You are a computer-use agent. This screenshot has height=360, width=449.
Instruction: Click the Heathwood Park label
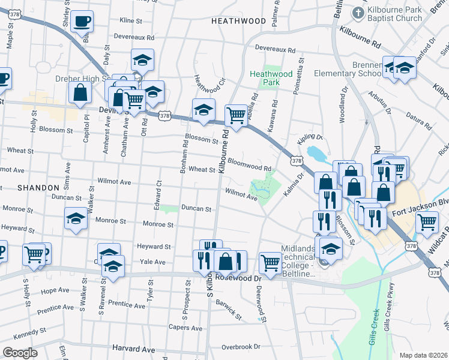(265, 78)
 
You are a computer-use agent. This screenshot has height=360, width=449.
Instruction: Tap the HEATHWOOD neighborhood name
(238, 21)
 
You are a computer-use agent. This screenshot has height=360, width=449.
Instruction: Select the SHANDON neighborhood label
(38, 188)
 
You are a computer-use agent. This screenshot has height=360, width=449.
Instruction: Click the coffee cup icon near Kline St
(82, 22)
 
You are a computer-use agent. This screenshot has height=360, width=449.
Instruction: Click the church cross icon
(358, 13)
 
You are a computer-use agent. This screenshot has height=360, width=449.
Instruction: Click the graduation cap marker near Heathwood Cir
(203, 110)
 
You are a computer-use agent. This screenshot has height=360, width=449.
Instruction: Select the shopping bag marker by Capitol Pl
(80, 93)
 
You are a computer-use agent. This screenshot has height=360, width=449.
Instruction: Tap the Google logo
(20, 352)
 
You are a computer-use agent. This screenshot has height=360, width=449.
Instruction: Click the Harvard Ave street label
(133, 349)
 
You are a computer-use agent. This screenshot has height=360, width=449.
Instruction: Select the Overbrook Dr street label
(240, 347)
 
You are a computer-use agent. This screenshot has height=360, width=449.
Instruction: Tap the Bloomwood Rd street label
(250, 163)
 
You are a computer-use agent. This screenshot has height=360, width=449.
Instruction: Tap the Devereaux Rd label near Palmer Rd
(276, 48)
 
